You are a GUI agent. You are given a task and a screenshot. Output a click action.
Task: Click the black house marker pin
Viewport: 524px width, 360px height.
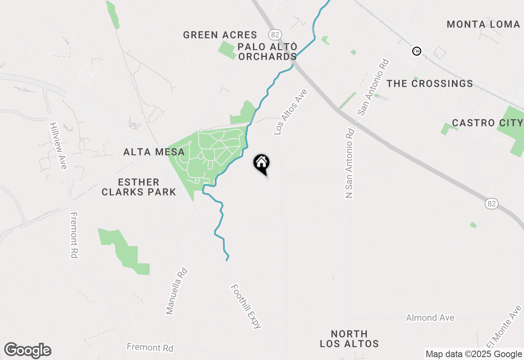click(x=262, y=164)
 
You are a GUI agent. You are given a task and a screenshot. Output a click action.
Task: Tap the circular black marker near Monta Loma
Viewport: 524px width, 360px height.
click(x=416, y=51)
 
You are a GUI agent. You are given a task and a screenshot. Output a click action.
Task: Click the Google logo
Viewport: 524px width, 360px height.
click(x=27, y=350)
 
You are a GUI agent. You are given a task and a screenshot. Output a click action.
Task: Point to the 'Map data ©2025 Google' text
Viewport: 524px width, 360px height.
click(x=474, y=354)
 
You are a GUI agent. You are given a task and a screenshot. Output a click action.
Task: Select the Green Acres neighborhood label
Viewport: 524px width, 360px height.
click(x=220, y=35)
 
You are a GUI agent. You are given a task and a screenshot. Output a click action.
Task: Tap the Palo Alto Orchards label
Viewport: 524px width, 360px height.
click(x=267, y=52)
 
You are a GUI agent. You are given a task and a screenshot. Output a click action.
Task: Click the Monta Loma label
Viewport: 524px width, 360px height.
click(x=483, y=25)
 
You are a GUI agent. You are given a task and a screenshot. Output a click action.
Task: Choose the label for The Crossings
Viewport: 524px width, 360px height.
click(x=430, y=84)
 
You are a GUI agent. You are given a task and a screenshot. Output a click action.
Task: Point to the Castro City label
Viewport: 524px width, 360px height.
click(x=487, y=123)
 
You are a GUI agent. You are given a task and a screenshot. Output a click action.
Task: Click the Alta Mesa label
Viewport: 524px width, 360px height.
click(x=154, y=152)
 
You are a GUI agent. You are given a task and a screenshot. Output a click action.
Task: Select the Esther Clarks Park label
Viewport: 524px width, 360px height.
click(x=139, y=187)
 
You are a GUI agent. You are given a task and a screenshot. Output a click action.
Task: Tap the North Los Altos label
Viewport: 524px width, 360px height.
click(x=349, y=339)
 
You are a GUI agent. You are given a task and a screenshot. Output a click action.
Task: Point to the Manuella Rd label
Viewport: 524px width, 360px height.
click(x=177, y=291)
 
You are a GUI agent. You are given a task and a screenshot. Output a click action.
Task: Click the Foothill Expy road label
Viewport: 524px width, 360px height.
click(x=246, y=306)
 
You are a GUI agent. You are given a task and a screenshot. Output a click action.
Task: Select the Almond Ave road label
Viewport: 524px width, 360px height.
click(x=430, y=318)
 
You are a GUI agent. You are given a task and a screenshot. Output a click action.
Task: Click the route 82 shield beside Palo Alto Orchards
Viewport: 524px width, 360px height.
click(x=274, y=34)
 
